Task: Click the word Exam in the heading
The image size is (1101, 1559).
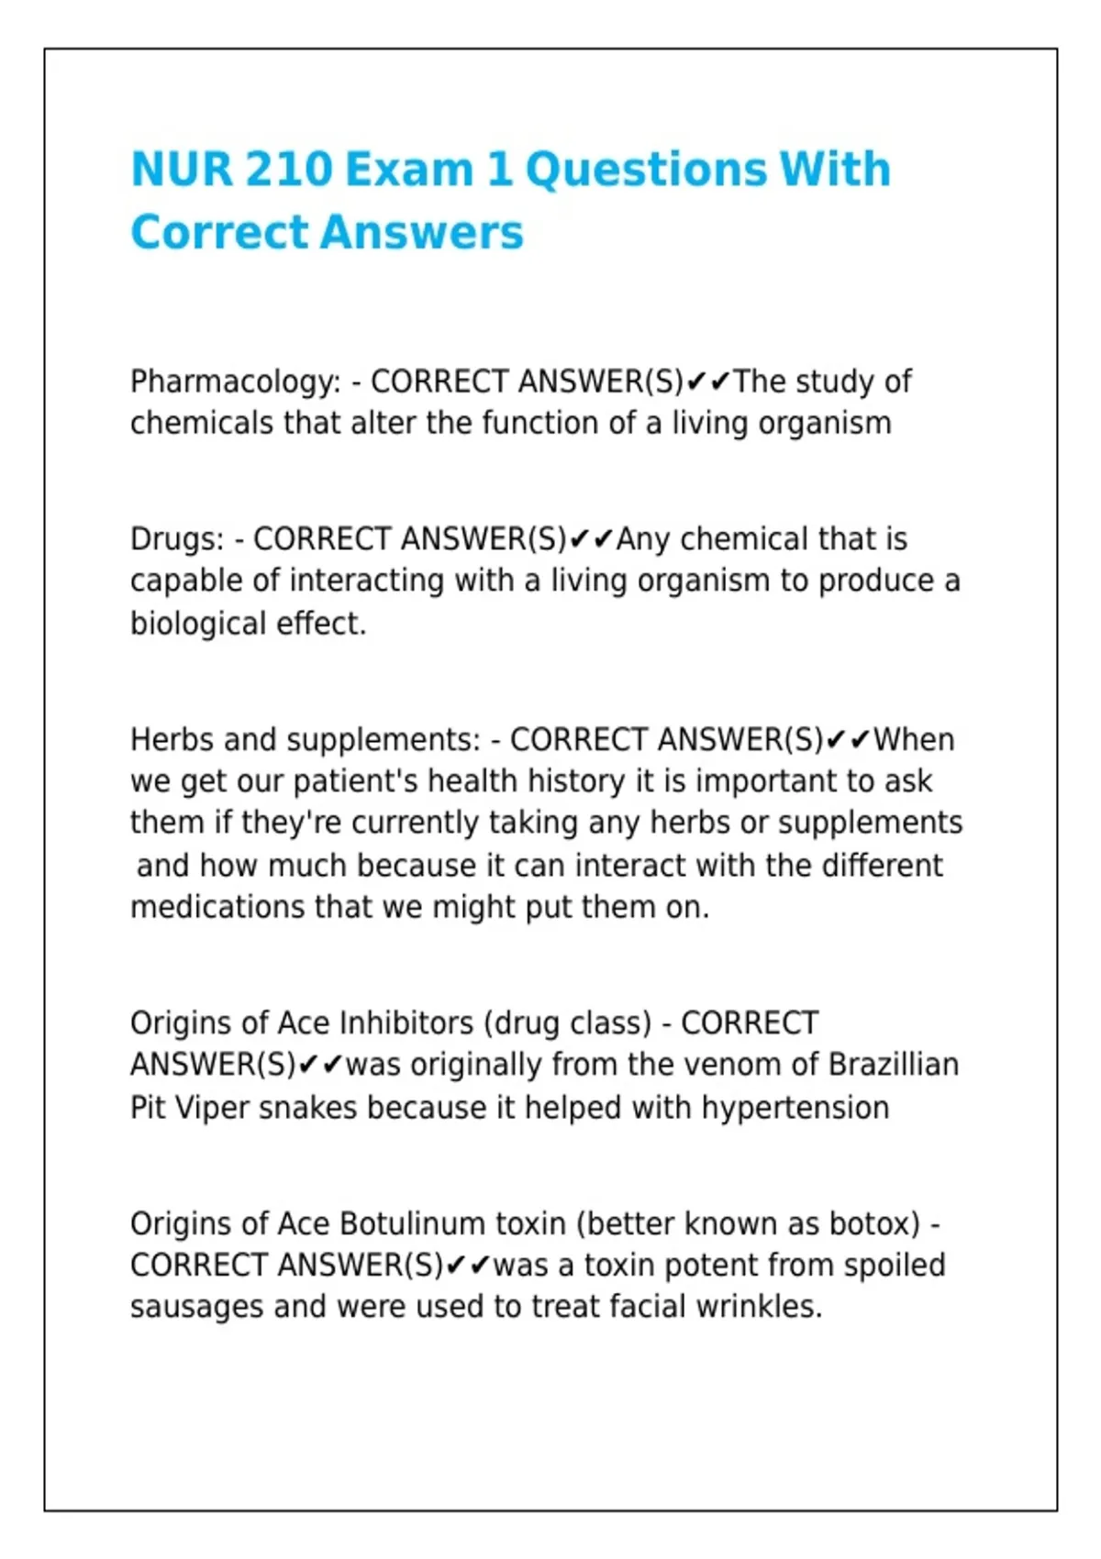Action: click(x=409, y=170)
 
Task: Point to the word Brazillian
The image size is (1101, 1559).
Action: click(x=893, y=1065)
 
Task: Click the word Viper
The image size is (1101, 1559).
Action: click(x=212, y=1108)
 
